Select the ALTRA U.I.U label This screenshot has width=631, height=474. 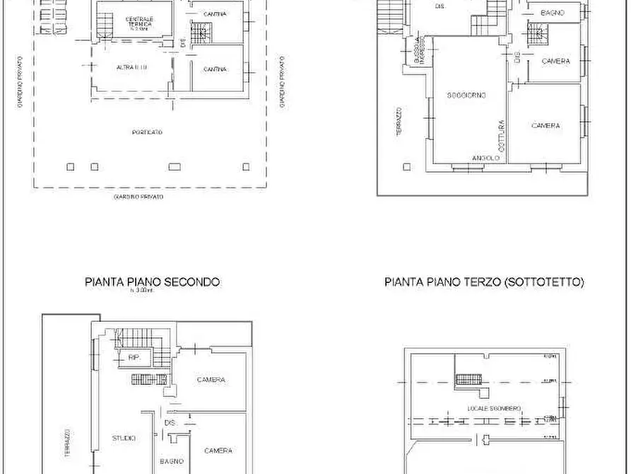[x=131, y=68]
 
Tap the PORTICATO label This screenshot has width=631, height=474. [x=147, y=132]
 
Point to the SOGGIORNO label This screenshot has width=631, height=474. [x=466, y=96]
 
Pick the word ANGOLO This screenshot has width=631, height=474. [x=486, y=158]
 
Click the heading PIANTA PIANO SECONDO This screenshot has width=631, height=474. [x=152, y=282]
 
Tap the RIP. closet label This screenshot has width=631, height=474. [x=134, y=358]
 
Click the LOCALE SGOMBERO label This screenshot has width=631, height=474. [x=494, y=409]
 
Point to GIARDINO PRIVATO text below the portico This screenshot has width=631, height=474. [x=138, y=197]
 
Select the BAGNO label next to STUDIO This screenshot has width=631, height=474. [x=172, y=461]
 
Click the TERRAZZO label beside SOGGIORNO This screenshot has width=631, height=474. [x=399, y=121]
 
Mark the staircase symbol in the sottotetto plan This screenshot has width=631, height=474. [x=468, y=380]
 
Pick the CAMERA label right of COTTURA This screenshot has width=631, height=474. [x=546, y=126]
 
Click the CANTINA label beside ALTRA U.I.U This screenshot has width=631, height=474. [x=215, y=69]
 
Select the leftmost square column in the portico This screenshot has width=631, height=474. [x=69, y=167]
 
